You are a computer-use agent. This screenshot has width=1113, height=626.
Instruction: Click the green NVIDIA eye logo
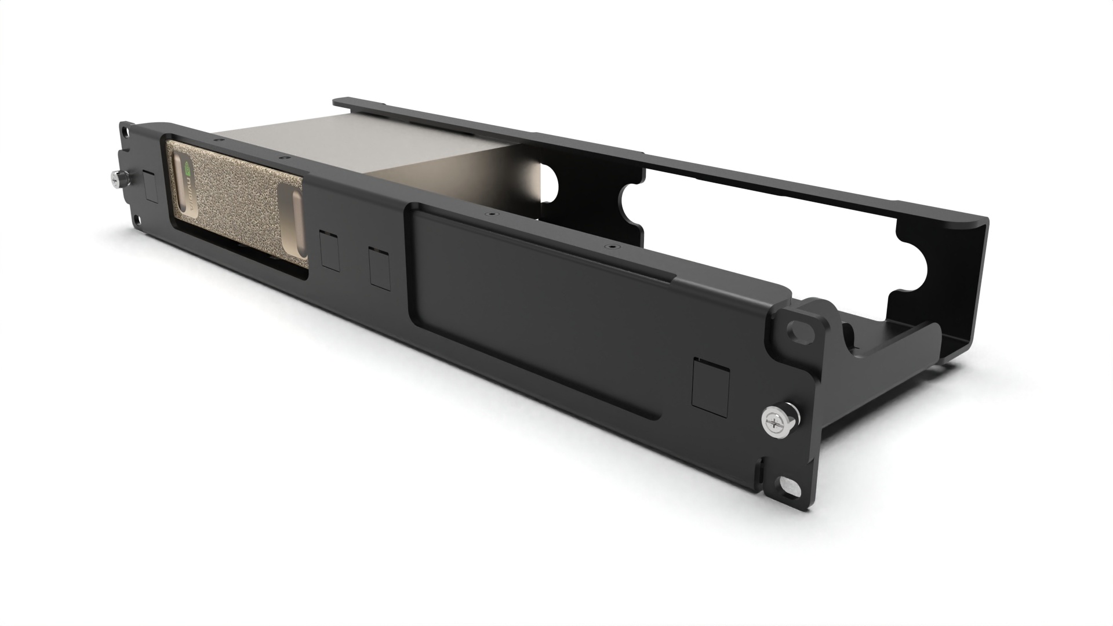coord(187,169)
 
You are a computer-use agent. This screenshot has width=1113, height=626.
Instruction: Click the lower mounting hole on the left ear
coord(135,220)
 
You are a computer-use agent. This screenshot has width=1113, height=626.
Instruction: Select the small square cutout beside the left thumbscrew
coord(150,186)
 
